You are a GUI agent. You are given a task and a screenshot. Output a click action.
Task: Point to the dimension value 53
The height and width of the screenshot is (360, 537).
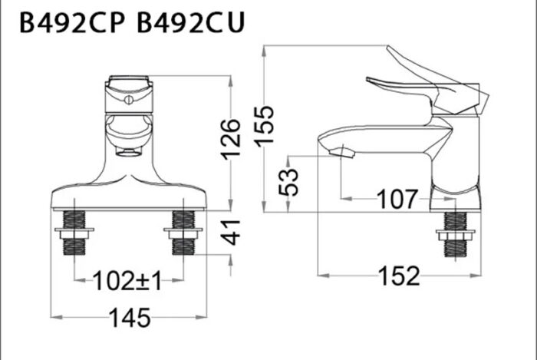pos(289,181)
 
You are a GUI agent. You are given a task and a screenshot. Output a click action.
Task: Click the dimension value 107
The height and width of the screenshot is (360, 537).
pos(397,200)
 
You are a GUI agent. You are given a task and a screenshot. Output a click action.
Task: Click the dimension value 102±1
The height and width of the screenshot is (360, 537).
pos(127,281)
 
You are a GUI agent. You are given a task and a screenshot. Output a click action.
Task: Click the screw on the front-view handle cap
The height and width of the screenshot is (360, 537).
pos(128,98)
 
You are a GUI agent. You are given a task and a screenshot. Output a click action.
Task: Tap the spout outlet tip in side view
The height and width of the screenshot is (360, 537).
pos(342,154)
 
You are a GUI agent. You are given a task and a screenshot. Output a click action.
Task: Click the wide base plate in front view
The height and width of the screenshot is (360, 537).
pos(128,197)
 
